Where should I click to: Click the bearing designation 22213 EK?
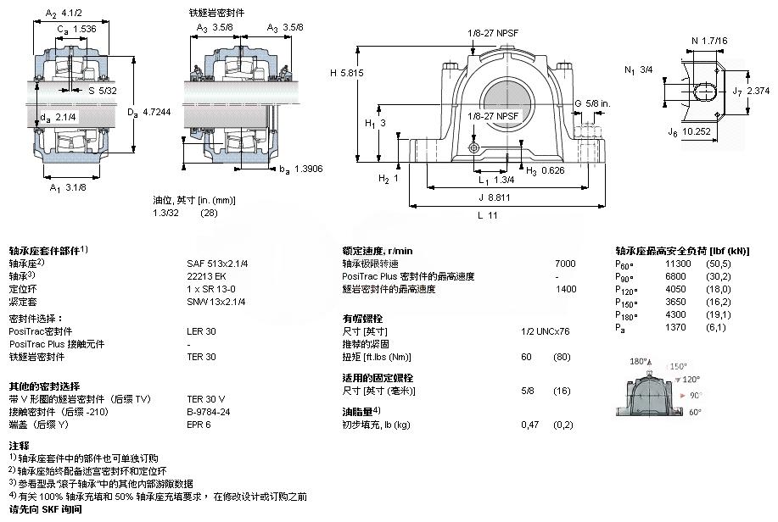pos(203,275)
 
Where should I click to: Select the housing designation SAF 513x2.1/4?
pos(216,264)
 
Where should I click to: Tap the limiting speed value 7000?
pos(564,264)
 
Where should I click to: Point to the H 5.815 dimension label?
pos(345,73)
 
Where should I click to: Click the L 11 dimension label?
pos(486,215)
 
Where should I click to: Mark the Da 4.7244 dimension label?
pos(145,112)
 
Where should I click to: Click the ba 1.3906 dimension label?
pos(303,169)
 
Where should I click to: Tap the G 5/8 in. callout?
pos(591,103)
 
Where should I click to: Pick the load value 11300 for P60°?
pos(679,264)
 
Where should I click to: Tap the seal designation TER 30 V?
pos(205,398)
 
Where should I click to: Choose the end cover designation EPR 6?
pos(199,424)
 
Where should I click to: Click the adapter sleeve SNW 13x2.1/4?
pos(215,301)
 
